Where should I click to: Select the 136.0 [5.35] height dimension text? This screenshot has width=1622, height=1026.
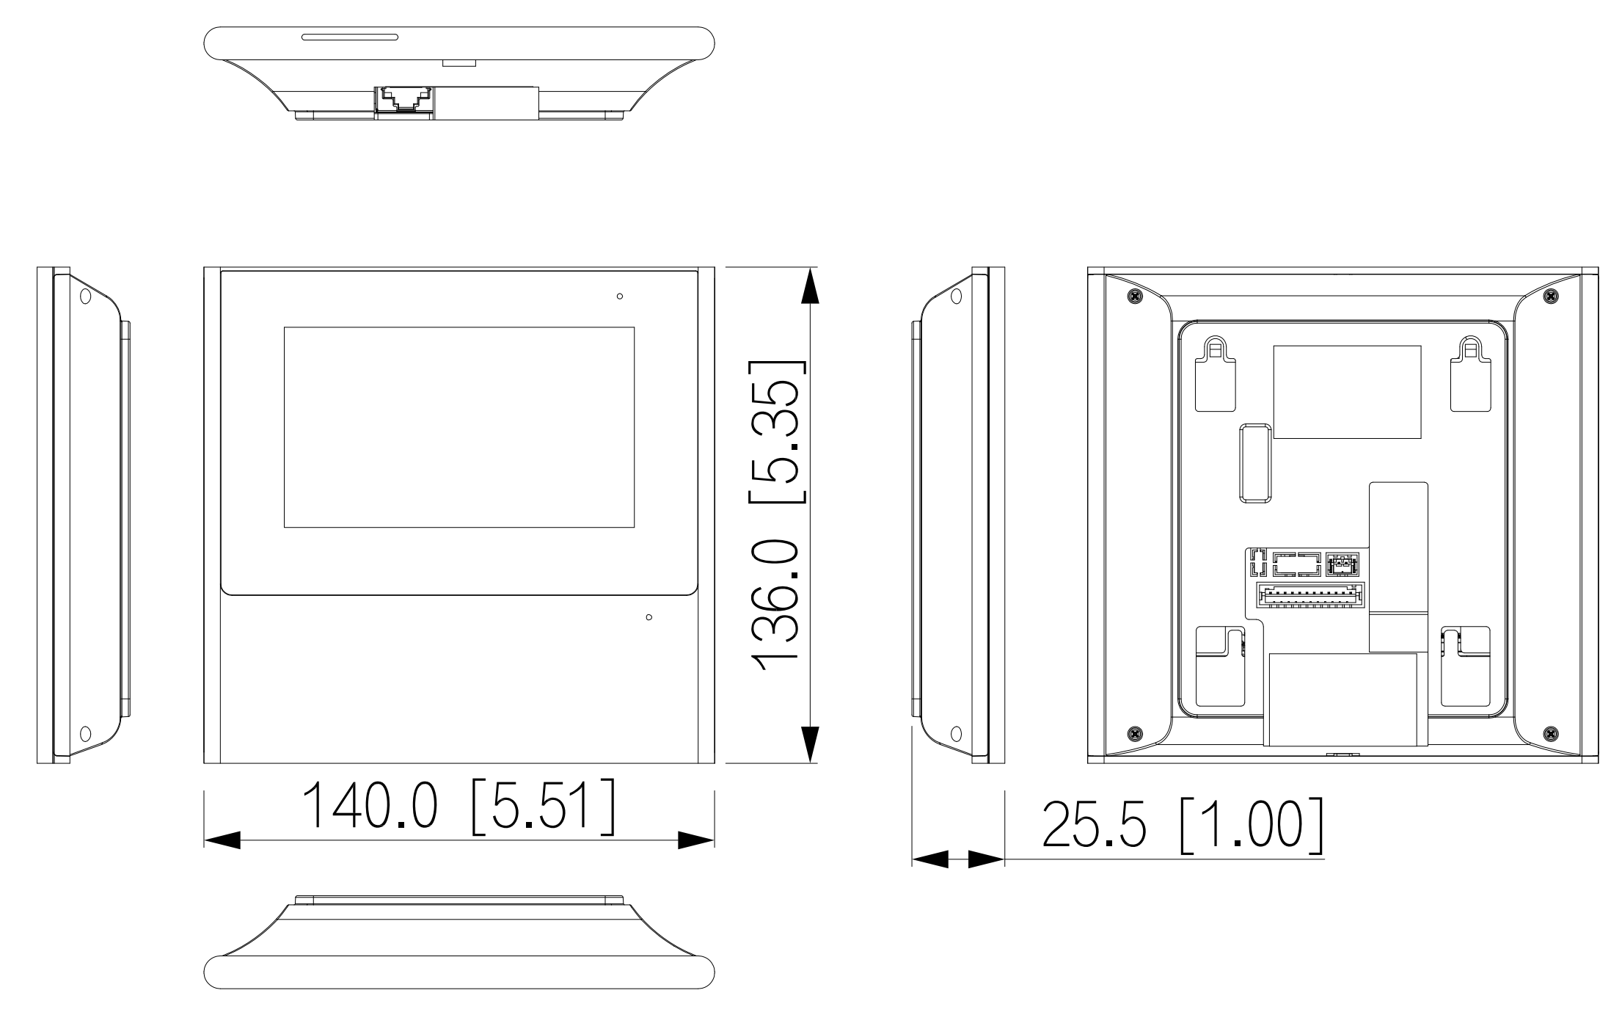[x=777, y=516]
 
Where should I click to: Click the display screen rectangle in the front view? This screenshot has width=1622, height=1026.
[x=459, y=427]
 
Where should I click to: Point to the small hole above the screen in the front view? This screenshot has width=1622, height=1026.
[x=620, y=296]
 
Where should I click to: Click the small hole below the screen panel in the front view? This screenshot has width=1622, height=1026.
[x=649, y=617]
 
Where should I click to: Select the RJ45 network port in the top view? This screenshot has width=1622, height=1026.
[x=404, y=99]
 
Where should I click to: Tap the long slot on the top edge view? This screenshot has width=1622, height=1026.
[x=349, y=37]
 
